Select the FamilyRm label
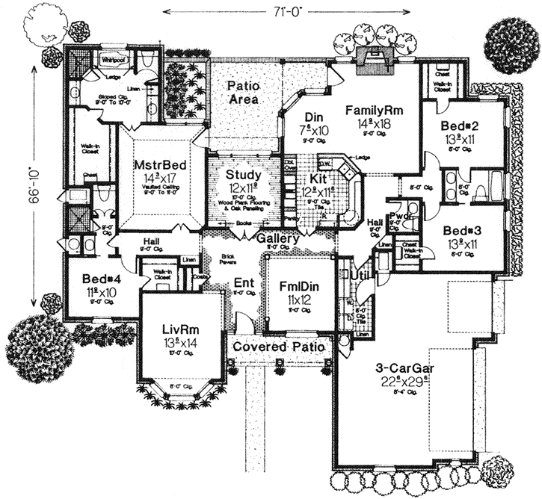tap(374, 111)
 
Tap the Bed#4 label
tap(99, 279)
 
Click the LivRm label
tap(180, 329)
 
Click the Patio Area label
tap(243, 93)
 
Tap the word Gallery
tap(279, 238)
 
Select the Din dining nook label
tap(313, 117)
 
